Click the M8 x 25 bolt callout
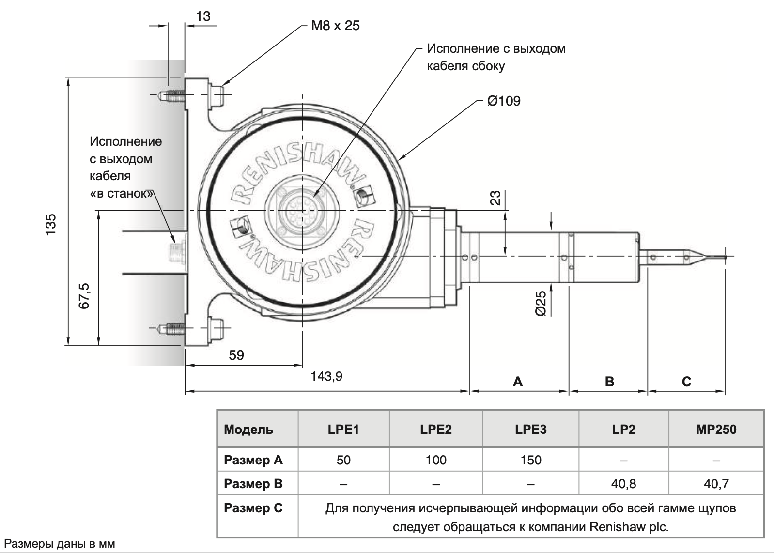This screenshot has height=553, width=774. pyautogui.click(x=335, y=26)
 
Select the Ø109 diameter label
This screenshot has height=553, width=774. pyautogui.click(x=503, y=101)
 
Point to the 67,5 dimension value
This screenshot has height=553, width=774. pyautogui.click(x=84, y=296)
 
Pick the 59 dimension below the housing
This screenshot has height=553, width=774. pyautogui.click(x=236, y=355)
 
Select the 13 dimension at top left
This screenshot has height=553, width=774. pyautogui.click(x=203, y=16)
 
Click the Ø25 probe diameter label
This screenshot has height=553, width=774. pyautogui.click(x=541, y=304)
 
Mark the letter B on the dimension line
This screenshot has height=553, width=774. pyautogui.click(x=609, y=382)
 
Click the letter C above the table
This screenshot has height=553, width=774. pyautogui.click(x=686, y=382)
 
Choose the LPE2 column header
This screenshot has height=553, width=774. pyautogui.click(x=436, y=430)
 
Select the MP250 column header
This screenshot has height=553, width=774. pyautogui.click(x=716, y=430)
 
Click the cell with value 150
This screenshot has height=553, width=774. pyautogui.click(x=531, y=460)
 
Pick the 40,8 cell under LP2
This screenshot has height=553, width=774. pyautogui.click(x=623, y=484)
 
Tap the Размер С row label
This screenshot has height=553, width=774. pyautogui.click(x=253, y=508)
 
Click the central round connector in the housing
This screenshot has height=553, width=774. pyautogui.click(x=302, y=210)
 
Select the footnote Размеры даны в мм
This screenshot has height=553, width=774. pyautogui.click(x=59, y=544)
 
